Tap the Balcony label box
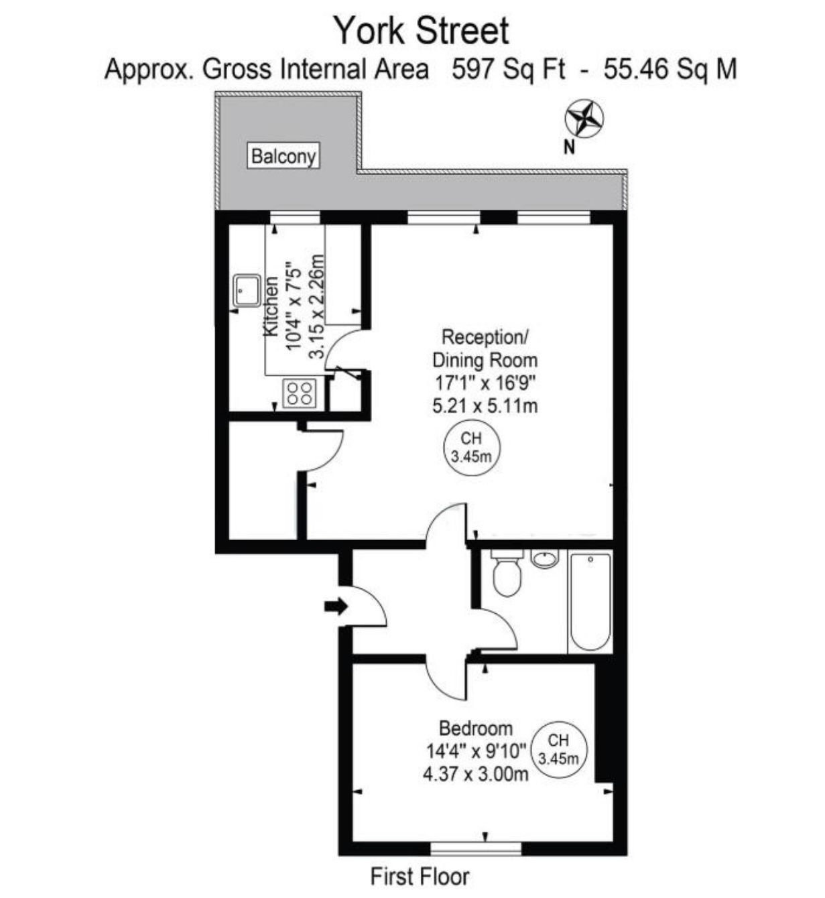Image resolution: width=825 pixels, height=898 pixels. pyautogui.click(x=283, y=155)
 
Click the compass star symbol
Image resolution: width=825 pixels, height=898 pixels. pyautogui.click(x=584, y=119)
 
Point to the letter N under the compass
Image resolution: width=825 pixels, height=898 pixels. pyautogui.click(x=569, y=147)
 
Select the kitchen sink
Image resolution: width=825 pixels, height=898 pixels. pyautogui.click(x=247, y=291)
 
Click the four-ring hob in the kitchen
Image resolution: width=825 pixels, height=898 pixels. pyautogui.click(x=299, y=393)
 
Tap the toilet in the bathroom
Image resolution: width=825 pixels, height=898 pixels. pyautogui.click(x=507, y=573)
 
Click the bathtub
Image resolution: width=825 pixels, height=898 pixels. pyautogui.click(x=590, y=601)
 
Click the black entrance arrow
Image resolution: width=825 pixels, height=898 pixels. pyautogui.click(x=336, y=606)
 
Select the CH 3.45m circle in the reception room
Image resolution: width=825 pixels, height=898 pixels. pyautogui.click(x=471, y=448)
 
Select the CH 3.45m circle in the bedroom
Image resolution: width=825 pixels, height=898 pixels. pyautogui.click(x=558, y=749)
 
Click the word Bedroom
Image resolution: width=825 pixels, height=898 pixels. pyautogui.click(x=476, y=728)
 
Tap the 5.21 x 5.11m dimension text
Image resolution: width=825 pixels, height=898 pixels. pyautogui.click(x=485, y=406)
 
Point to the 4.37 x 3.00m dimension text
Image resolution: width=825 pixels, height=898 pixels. pyautogui.click(x=476, y=774)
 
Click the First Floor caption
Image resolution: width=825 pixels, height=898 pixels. pyautogui.click(x=420, y=877)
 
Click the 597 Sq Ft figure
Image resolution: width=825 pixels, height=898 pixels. pyautogui.click(x=508, y=70)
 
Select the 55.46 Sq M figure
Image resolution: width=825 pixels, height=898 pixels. pyautogui.click(x=670, y=70)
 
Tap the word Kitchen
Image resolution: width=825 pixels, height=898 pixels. pyautogui.click(x=271, y=306)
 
